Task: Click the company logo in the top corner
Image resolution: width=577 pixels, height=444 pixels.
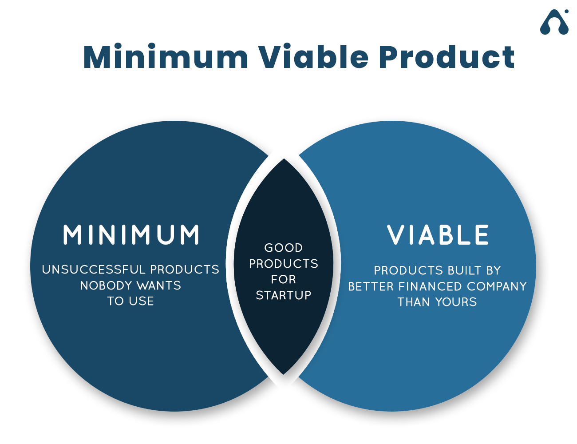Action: click(554, 22)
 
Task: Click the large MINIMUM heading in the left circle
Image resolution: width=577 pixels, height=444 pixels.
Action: click(131, 234)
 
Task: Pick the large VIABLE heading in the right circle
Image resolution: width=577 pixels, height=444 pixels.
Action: click(438, 234)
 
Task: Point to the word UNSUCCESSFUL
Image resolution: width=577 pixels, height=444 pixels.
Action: click(94, 269)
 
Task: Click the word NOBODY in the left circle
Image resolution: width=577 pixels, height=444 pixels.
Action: click(106, 285)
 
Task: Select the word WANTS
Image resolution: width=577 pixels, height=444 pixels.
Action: click(159, 285)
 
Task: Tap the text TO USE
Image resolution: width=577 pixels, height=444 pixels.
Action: click(130, 301)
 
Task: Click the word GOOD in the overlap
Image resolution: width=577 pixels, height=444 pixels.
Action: click(283, 248)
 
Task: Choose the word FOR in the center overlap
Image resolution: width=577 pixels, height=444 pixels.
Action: click(283, 279)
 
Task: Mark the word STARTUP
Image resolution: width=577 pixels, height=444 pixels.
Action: click(283, 295)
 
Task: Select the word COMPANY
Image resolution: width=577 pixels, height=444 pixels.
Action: click(497, 286)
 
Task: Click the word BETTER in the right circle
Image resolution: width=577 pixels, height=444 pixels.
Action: click(371, 286)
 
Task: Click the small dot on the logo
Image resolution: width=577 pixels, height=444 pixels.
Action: click(566, 12)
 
